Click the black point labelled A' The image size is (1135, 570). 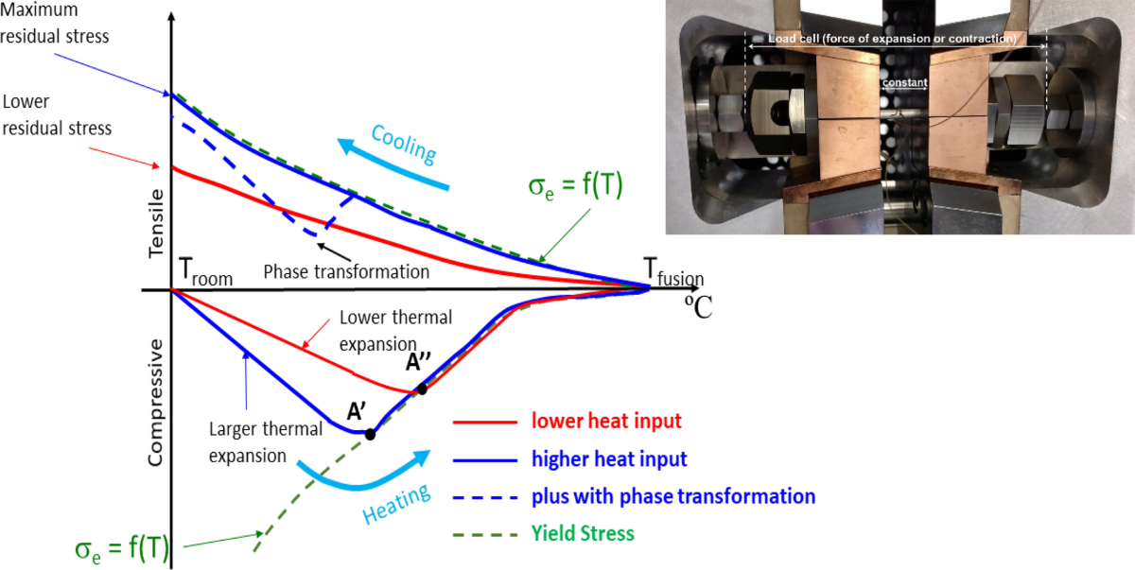point(370,435)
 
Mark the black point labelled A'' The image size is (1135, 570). point(422,389)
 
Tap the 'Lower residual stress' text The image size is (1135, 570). point(57,113)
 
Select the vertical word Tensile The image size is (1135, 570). point(155,222)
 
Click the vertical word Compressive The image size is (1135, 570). point(155,401)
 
